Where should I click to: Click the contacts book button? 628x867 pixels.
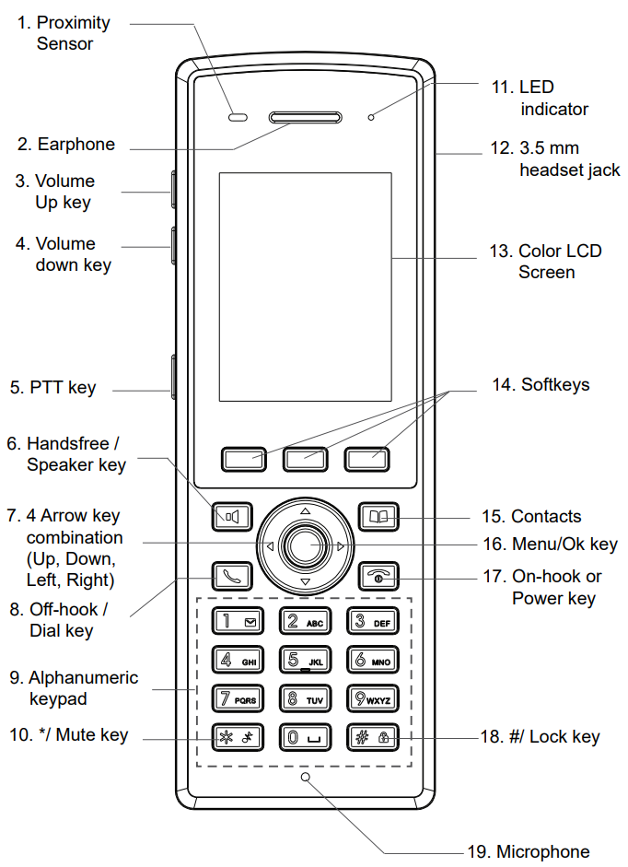378,517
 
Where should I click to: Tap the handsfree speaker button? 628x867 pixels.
231,517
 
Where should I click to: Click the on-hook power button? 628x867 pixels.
378,576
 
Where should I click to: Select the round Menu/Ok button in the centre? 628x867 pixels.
305,546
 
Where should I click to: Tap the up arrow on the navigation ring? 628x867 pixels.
305,510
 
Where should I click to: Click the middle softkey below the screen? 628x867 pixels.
305,458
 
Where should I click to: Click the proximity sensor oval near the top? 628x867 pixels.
239,118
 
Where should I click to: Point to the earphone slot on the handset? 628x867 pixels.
305,118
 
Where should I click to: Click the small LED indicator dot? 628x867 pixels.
371,118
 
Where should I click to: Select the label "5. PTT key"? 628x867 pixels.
52,388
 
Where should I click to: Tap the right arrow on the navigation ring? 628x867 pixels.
341,546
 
